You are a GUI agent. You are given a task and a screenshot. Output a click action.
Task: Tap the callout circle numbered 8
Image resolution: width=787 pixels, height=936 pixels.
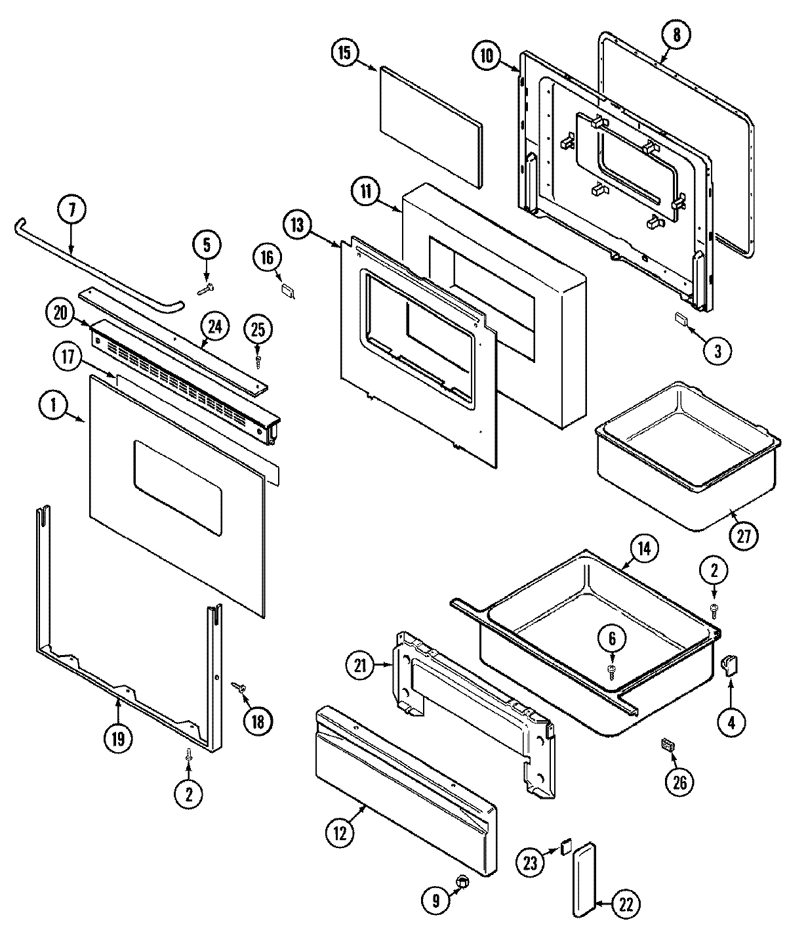tap(677, 36)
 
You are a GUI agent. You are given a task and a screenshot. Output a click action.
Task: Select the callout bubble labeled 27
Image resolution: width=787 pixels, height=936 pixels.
tap(743, 536)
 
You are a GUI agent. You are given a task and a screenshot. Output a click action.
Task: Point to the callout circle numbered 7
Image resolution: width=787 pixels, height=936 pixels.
tap(72, 211)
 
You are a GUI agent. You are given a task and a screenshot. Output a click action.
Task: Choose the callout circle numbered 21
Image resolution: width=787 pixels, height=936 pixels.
tap(361, 668)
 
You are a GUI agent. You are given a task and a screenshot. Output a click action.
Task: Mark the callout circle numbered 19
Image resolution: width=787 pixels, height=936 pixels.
tap(117, 738)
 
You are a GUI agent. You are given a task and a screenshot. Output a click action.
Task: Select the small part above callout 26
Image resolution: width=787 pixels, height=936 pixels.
tap(668, 744)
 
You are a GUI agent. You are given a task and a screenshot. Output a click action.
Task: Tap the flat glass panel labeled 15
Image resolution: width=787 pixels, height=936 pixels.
tap(429, 125)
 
